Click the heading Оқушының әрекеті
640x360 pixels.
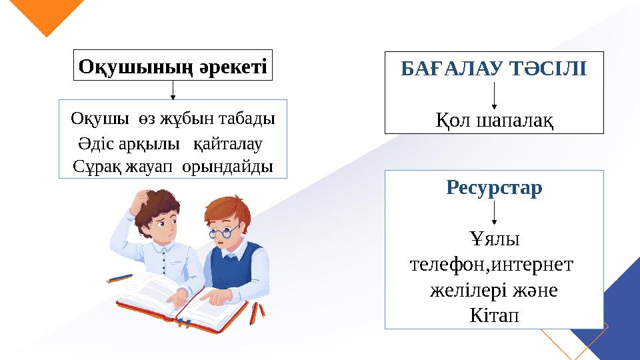coord(173,66)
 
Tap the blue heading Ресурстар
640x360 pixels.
coord(494,188)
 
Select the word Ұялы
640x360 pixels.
coord(494,238)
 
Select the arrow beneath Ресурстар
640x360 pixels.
coord(494,213)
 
